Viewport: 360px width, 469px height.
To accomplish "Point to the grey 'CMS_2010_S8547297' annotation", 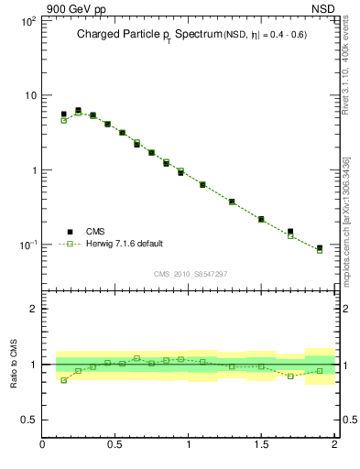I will point(191,274).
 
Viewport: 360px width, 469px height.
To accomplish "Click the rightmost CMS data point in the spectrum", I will point(320,248).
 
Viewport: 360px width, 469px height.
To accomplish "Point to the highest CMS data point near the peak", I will point(78,111).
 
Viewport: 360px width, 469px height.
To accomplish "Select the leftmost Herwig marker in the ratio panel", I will point(63,380).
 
